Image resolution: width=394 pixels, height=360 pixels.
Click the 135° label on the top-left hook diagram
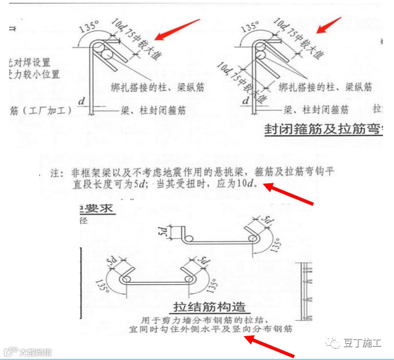pyautogui.click(x=89, y=27)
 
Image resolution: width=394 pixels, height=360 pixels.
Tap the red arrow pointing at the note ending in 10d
pyautogui.click(x=288, y=195)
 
